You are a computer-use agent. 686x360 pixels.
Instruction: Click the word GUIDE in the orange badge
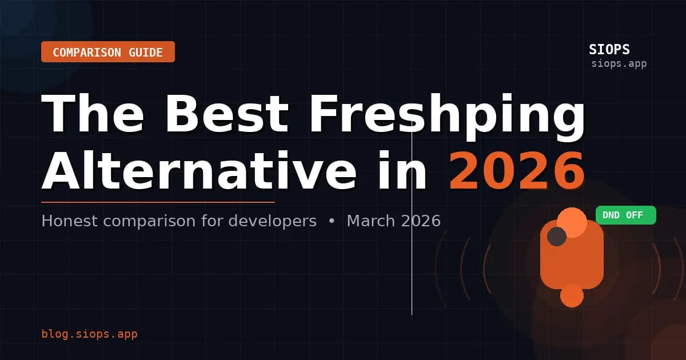coord(142,53)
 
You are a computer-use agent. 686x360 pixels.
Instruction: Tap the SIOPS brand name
coord(609,50)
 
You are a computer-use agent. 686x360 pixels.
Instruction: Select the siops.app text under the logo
coord(619,63)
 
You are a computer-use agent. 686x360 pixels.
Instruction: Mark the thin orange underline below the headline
coord(158,202)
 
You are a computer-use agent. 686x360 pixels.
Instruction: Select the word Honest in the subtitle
coord(70,221)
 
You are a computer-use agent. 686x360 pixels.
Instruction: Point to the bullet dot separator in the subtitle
coord(332,221)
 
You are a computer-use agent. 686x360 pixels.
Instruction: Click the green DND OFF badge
coord(625,215)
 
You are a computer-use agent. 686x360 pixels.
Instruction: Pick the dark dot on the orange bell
coord(556,237)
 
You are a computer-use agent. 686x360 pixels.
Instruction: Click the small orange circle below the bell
coord(572,295)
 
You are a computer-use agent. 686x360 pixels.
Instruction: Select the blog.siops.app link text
coord(89,334)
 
